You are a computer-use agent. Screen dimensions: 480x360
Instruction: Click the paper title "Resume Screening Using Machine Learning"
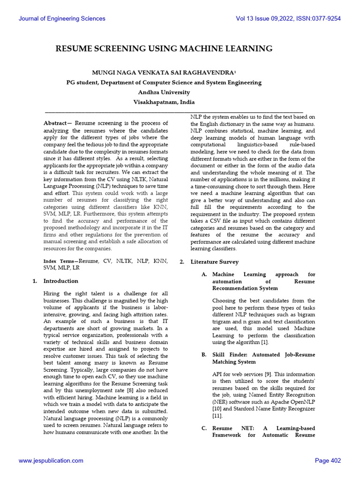[x=164, y=49]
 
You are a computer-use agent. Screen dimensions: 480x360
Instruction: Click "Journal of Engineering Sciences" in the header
[x=62, y=19]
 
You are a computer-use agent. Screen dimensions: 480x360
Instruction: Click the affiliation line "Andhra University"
[x=164, y=92]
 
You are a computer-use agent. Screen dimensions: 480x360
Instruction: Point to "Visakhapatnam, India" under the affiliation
[x=164, y=102]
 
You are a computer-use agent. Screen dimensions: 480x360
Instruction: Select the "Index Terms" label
[x=60, y=261]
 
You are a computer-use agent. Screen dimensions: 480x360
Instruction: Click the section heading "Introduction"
[x=60, y=281]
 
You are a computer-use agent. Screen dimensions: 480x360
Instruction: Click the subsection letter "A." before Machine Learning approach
[x=204, y=274]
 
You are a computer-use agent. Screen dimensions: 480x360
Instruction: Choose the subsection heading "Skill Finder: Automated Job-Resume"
[x=263, y=355]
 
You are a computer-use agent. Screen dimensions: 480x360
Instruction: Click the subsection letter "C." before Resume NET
[x=204, y=428]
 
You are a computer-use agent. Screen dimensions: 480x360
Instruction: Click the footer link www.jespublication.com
[x=51, y=461]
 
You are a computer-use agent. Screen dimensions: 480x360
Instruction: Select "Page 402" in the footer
[x=328, y=461]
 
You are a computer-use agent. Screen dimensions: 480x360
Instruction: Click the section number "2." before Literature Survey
[x=182, y=262]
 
